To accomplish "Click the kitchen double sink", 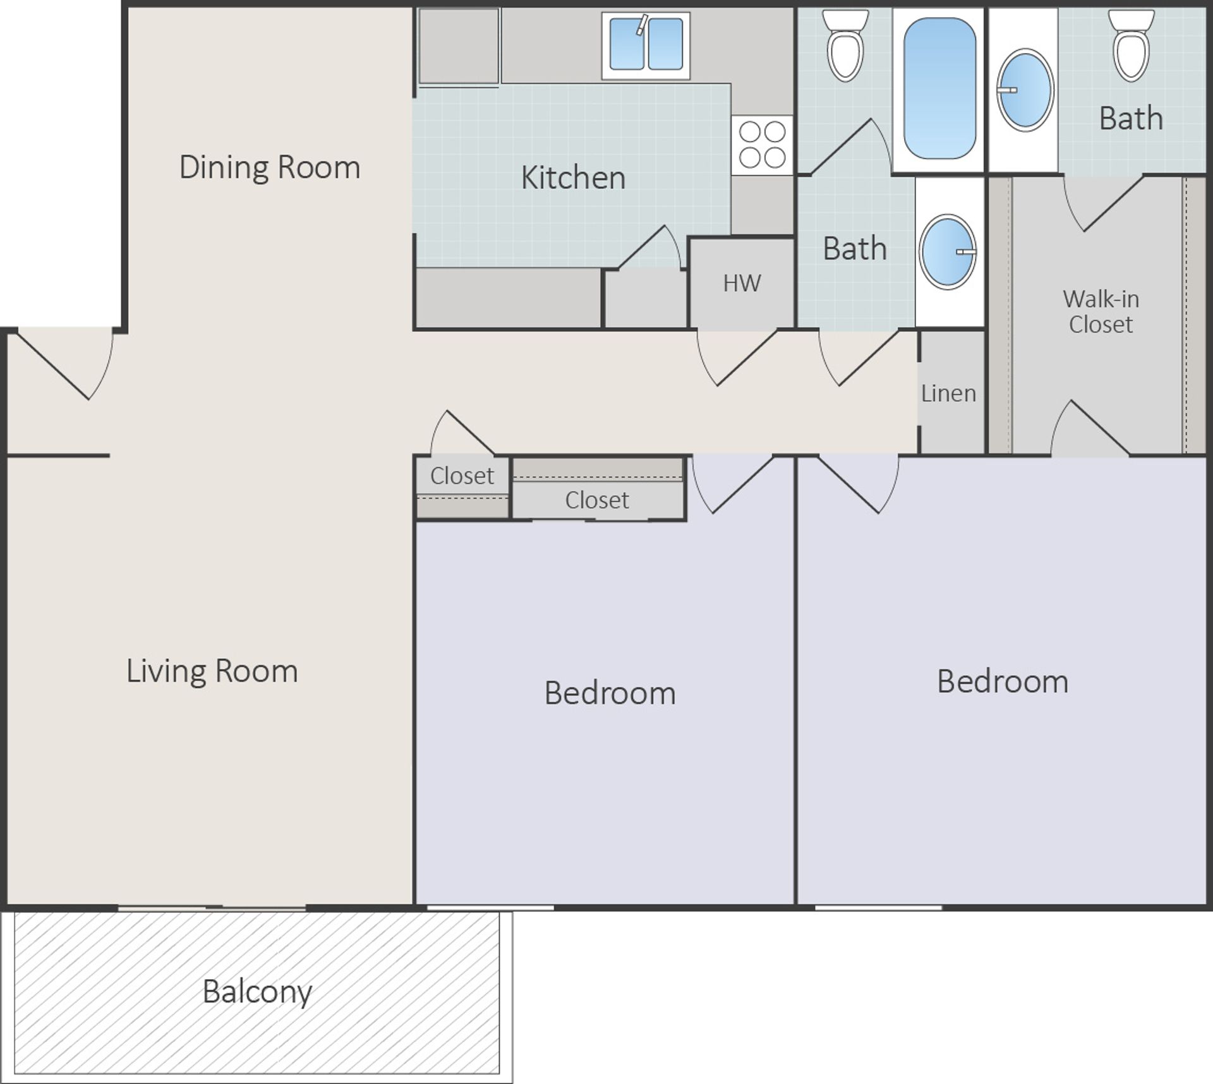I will (645, 45).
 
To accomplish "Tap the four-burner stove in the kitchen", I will (762, 145).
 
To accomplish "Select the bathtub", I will (939, 88).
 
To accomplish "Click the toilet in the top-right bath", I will (1131, 47).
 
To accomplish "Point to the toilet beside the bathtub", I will (845, 47).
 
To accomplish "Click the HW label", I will (742, 284).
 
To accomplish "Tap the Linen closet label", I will (948, 394).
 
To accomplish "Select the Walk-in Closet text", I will (1101, 311).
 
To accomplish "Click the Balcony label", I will (257, 992).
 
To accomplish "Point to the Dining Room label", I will (270, 167).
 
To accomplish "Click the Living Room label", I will (212, 671).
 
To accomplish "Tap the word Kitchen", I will (573, 178).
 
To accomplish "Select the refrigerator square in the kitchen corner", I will (459, 45).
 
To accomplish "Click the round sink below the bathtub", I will (947, 252).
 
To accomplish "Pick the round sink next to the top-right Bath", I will (1025, 90).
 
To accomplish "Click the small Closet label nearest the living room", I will (462, 476).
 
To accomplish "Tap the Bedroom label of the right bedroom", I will (1002, 682).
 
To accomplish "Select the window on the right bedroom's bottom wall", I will (878, 908).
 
